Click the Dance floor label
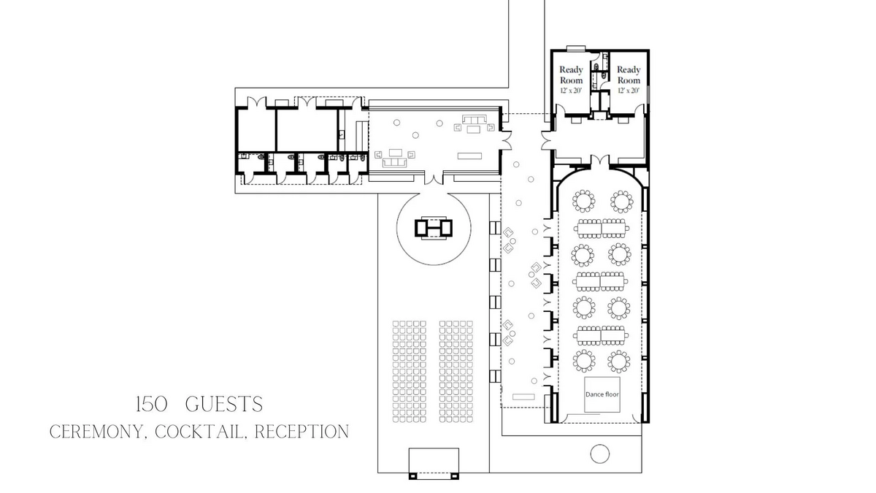(602, 394)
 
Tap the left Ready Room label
(571, 74)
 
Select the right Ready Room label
(629, 74)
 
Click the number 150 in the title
(152, 405)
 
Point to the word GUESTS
(224, 405)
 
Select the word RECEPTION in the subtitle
(301, 432)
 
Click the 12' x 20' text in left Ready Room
(571, 91)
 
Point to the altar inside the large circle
(434, 228)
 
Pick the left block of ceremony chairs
(410, 372)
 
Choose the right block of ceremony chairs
(456, 372)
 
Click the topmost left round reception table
(583, 201)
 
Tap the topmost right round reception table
(621, 202)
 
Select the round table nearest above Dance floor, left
(584, 361)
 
